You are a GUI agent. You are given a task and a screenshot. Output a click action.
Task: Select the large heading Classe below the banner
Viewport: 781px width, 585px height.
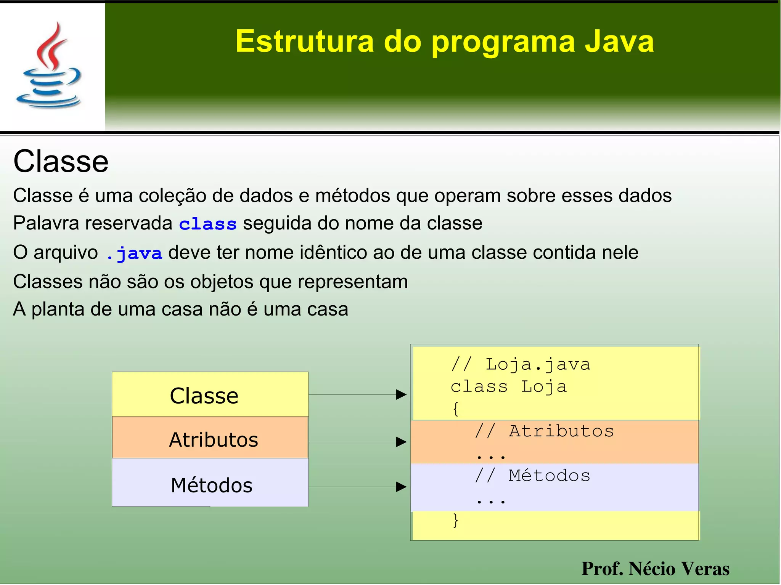pyautogui.click(x=61, y=162)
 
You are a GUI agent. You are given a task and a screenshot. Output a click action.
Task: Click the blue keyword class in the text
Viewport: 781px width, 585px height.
pyautogui.click(x=208, y=224)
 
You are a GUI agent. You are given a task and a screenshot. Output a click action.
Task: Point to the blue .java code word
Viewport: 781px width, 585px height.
pyautogui.click(x=134, y=253)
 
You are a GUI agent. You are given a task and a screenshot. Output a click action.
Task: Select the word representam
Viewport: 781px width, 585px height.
pyautogui.click(x=352, y=282)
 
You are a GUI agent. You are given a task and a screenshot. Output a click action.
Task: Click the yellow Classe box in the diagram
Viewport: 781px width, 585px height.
pyautogui.click(x=210, y=395)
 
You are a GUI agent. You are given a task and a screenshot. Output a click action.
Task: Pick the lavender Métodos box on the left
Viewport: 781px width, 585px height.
pyautogui.click(x=210, y=484)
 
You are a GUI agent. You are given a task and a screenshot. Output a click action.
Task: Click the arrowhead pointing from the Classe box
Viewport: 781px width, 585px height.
pyautogui.click(x=401, y=395)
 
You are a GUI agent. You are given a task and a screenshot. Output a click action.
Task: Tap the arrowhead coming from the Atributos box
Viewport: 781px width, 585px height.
pyautogui.click(x=401, y=442)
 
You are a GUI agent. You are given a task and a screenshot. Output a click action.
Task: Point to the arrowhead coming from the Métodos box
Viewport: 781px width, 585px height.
pyautogui.click(x=401, y=487)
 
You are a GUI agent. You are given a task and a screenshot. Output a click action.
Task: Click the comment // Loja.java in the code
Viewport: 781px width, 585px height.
pyautogui.click(x=521, y=365)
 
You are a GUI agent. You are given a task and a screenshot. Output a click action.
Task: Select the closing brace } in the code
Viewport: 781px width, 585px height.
pyautogui.click(x=455, y=520)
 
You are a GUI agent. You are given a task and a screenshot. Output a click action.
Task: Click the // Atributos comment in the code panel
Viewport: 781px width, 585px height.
pyautogui.click(x=545, y=431)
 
